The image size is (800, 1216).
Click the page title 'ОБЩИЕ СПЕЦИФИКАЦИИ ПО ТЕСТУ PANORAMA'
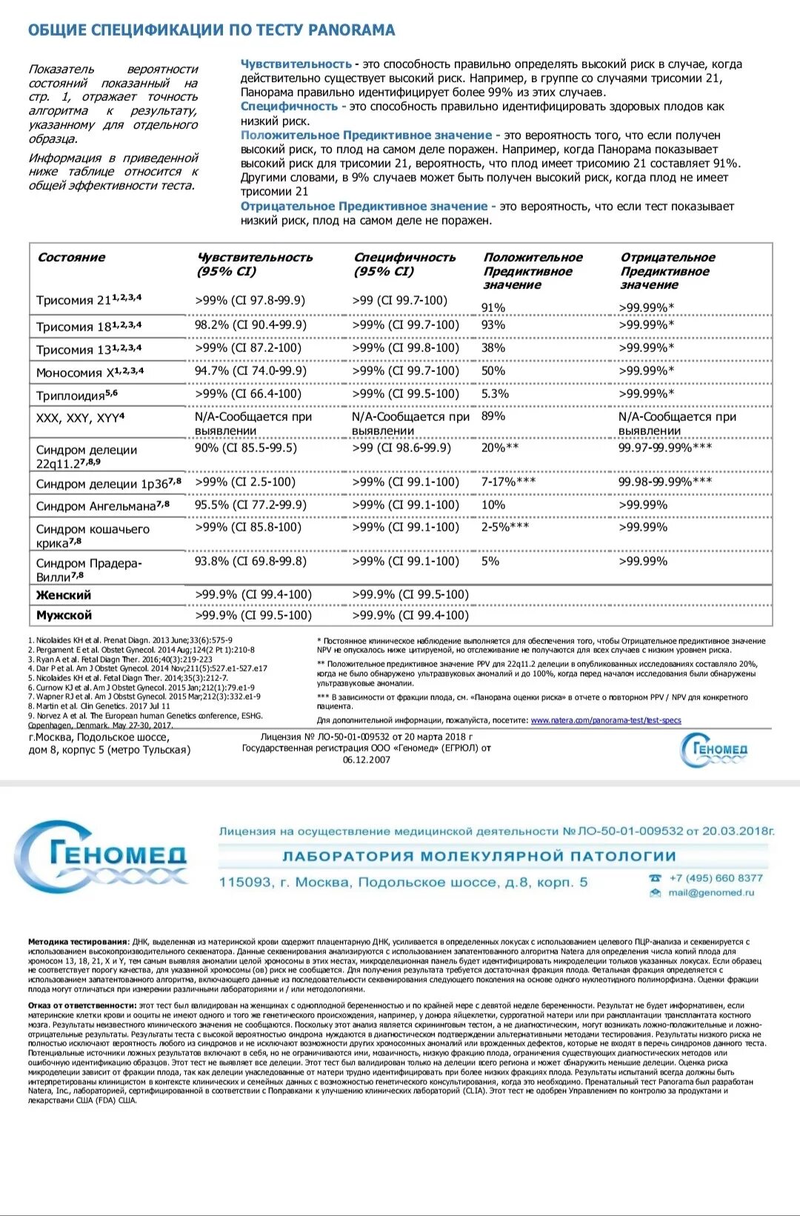pos(211,30)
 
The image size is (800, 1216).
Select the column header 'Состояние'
pos(71,258)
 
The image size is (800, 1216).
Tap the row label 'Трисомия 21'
pos(88,299)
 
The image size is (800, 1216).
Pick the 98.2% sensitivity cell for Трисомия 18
pos(250,325)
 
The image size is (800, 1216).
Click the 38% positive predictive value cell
pos(493,348)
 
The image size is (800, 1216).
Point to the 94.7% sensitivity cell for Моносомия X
pos(250,371)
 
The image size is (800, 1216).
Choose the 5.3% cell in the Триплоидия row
pos(495,393)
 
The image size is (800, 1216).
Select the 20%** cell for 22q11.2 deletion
pos(500,448)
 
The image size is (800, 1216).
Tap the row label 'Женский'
pos(64,595)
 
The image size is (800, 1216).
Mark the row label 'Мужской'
pos(64,615)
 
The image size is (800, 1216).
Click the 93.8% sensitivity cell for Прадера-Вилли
pos(250,561)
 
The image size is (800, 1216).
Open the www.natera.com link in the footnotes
pos(606,720)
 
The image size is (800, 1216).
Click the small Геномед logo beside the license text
pos(714,750)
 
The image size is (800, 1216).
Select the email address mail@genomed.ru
pos(710,893)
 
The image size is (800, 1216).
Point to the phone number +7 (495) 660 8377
pos(716,878)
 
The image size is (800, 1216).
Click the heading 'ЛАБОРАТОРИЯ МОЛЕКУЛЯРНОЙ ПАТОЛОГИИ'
pos(479,857)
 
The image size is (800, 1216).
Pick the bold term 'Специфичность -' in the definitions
pos(293,107)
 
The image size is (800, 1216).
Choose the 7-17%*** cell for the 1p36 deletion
pos(508,482)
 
